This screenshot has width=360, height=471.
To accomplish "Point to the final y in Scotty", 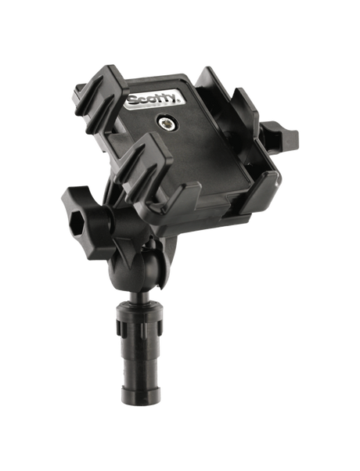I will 179,96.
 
